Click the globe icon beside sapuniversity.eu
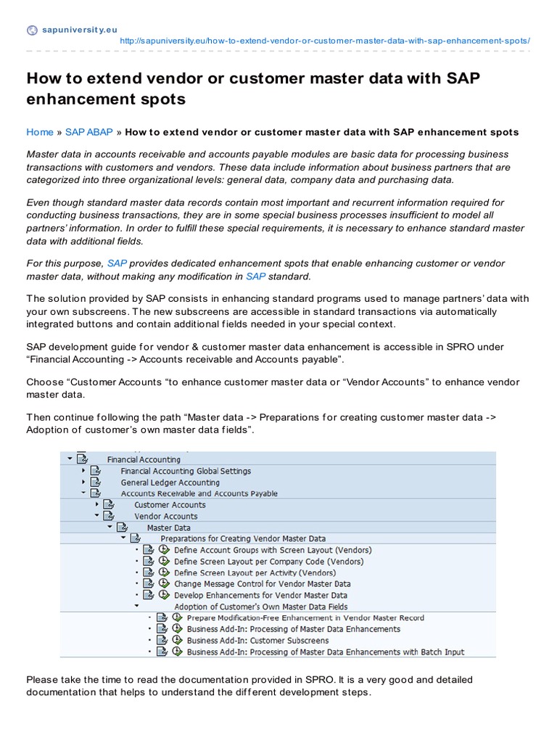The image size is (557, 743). [x=32, y=30]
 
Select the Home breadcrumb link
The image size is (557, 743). [x=40, y=132]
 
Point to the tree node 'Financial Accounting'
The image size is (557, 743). [x=144, y=459]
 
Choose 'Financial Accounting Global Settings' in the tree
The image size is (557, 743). [x=186, y=471]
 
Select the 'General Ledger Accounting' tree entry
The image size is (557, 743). [x=170, y=483]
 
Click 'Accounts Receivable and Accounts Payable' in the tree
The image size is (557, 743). [x=199, y=493]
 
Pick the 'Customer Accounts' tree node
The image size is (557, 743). [x=170, y=505]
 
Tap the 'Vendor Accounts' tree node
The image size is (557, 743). [x=165, y=517]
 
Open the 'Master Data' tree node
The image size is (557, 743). [x=168, y=528]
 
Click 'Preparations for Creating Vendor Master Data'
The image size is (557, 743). [x=243, y=539]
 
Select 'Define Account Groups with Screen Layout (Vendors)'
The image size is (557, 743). [x=270, y=550]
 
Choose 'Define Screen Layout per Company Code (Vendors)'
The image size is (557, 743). [x=268, y=562]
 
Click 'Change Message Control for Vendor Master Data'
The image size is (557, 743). [x=262, y=583]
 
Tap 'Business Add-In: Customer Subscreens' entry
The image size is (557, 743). [x=257, y=641]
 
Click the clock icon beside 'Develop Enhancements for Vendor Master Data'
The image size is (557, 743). [x=165, y=595]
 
